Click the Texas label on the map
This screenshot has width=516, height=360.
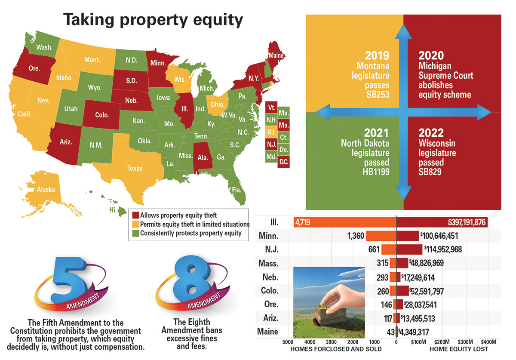(135, 168)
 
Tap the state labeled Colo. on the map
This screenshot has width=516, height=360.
(102, 115)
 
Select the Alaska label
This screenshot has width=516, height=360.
(46, 189)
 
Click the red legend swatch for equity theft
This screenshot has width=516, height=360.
(135, 215)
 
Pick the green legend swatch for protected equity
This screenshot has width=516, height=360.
(135, 233)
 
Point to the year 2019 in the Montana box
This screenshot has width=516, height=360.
(377, 55)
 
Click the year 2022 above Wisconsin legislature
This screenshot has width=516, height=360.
(431, 133)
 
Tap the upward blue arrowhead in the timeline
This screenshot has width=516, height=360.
(403, 30)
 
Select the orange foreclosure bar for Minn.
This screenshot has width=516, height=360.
(381, 236)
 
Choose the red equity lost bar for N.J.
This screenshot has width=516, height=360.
(409, 249)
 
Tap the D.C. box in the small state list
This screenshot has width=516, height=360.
(283, 162)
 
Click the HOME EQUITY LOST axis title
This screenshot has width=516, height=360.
(459, 349)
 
